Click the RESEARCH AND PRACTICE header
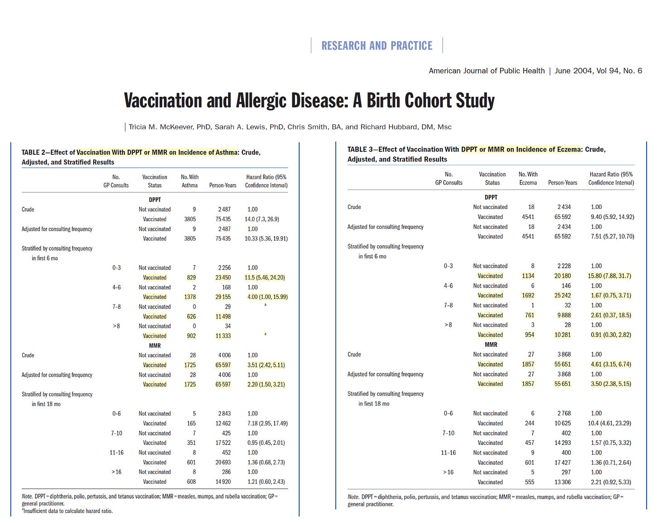(377, 46)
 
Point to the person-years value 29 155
(223, 297)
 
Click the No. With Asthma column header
(190, 181)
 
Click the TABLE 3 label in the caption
(360, 149)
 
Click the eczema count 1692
(528, 295)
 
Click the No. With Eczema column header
(528, 178)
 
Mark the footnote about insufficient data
(67, 511)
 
